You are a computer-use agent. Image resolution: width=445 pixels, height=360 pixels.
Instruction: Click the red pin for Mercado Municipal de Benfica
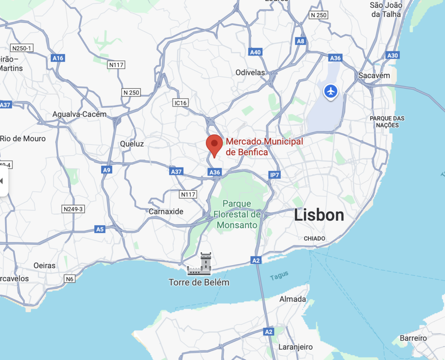coord(214,145)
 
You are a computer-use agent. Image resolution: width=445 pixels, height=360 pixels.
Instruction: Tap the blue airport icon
coord(331,92)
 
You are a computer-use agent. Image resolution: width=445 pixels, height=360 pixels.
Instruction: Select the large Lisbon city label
coord(319,215)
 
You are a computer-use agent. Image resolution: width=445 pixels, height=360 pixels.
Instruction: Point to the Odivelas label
coord(250,73)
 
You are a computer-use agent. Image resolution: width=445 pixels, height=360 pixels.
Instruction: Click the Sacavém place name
coord(374,76)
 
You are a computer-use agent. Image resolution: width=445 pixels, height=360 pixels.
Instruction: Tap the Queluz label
coord(132,143)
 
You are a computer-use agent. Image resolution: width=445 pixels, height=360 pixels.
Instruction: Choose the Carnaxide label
coord(166,212)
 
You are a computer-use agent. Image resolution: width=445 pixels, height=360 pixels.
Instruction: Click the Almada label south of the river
coord(292,299)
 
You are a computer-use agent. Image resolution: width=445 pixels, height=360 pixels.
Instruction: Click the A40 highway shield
coord(256,52)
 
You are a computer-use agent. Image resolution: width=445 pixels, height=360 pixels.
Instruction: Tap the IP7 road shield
coord(275,175)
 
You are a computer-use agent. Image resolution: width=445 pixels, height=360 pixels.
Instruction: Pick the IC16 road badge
coord(180,103)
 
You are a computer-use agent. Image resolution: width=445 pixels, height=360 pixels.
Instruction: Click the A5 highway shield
coord(100,229)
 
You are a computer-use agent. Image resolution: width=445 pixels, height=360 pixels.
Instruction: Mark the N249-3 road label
coord(73,209)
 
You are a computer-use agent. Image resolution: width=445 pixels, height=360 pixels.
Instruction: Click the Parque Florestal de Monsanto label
coord(237,214)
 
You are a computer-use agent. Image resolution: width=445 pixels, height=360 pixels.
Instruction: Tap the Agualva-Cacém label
coord(79,114)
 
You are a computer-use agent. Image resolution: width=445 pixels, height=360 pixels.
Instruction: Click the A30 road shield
coord(392,55)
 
